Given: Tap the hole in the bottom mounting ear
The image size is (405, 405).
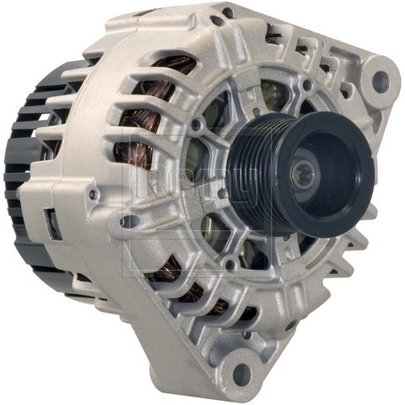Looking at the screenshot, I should click(x=242, y=370).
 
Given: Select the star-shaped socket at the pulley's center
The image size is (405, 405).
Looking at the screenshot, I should click(x=302, y=173).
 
